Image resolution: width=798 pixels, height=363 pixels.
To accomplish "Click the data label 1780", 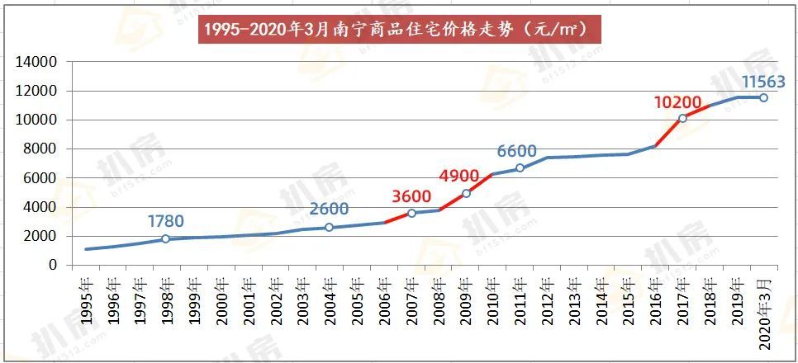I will (165, 221).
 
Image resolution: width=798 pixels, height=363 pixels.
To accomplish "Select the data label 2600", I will (329, 209).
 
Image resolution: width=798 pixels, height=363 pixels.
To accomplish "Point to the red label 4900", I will (465, 177).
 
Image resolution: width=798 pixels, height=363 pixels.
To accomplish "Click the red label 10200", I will (678, 102).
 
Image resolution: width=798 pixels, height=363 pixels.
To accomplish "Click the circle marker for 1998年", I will (165, 238).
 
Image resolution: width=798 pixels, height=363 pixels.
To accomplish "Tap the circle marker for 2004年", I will (329, 227).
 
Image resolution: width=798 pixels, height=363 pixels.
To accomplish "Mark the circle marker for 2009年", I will (466, 193).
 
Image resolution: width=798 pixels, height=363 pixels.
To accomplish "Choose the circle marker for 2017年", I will (682, 118).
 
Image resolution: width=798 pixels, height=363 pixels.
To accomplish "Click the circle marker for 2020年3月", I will (763, 97).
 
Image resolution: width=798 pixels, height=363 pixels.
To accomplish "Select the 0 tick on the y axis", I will (52, 265).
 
